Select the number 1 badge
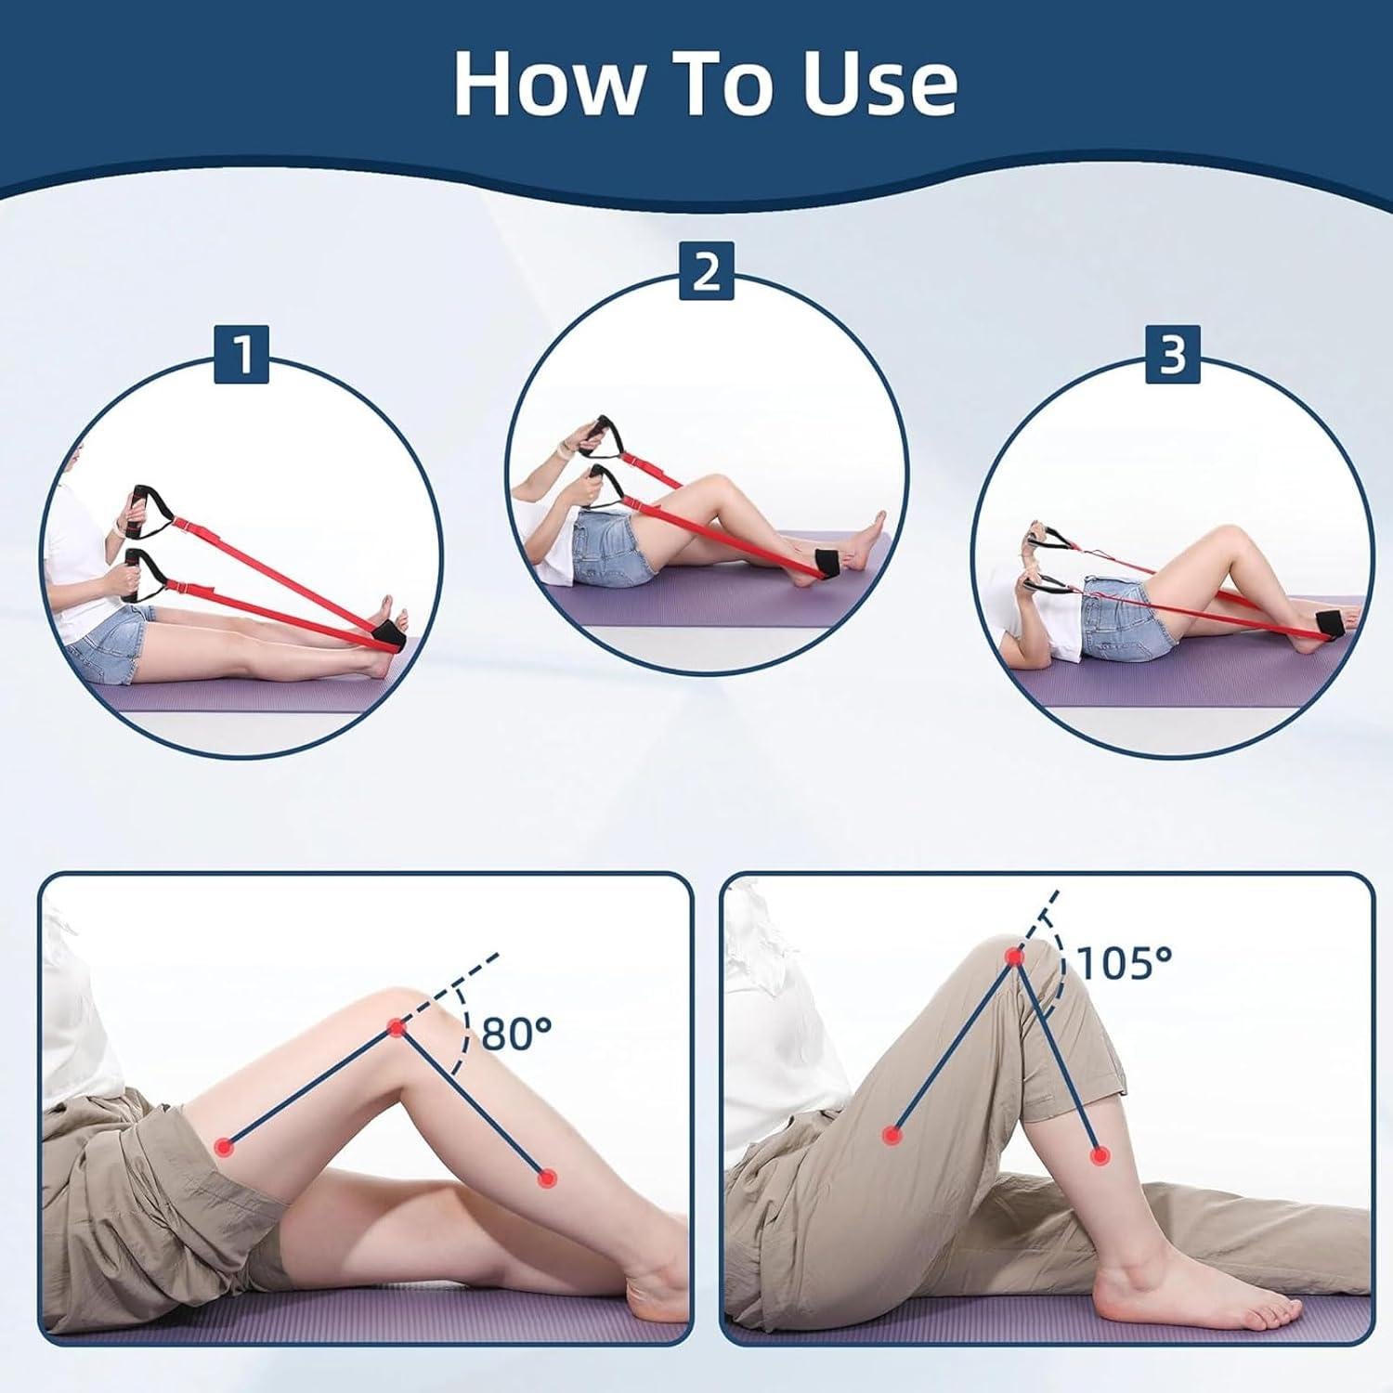(241, 354)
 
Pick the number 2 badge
(707, 271)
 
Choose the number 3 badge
(1173, 354)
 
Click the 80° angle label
(517, 1034)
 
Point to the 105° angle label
(1125, 963)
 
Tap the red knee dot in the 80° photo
(397, 1028)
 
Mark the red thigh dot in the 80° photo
(224, 1147)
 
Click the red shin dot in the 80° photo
(547, 1178)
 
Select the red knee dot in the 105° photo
(1014, 957)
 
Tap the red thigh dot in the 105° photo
(892, 1134)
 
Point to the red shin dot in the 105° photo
(1100, 1156)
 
